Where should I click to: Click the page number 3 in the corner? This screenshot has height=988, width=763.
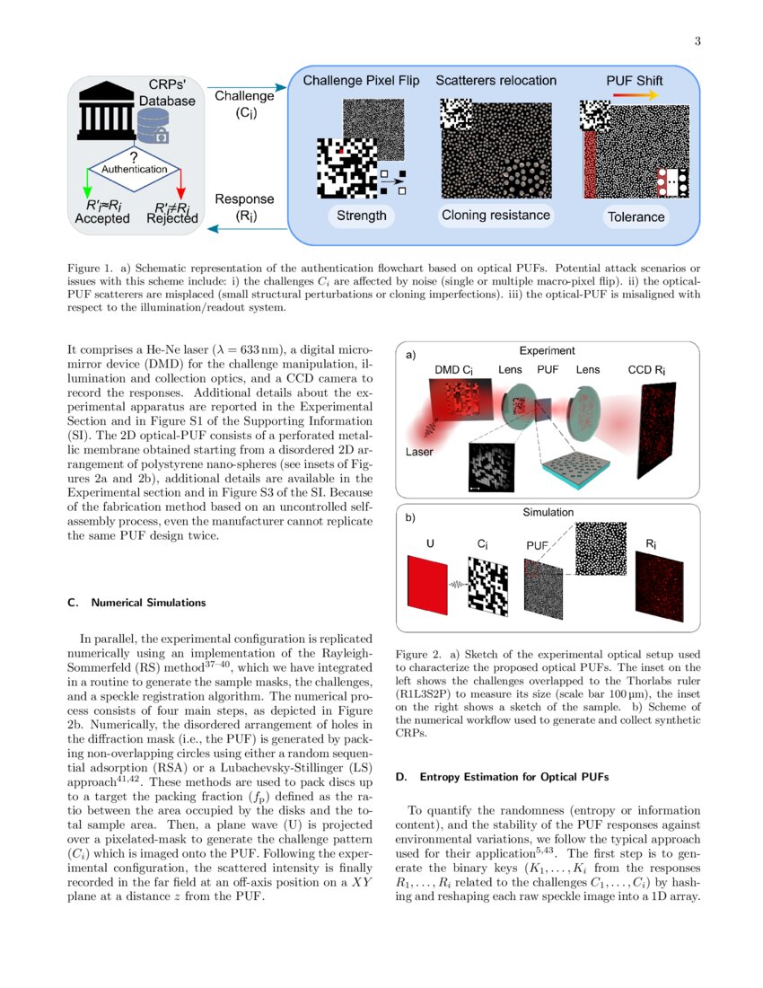pos(697,41)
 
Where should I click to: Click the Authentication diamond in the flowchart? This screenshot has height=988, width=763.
pos(134,169)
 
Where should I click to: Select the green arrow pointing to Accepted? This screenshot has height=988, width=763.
pos(87,183)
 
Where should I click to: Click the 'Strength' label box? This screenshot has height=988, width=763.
pos(362,216)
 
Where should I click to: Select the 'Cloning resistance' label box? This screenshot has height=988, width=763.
pos(496,216)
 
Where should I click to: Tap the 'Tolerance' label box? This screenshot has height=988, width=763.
pos(636,216)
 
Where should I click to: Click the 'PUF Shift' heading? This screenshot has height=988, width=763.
pos(635,81)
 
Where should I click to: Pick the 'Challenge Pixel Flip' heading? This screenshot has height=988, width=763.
pos(361,81)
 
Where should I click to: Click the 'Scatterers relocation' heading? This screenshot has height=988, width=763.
pos(496,81)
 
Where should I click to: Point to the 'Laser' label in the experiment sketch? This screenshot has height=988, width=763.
pos(418,452)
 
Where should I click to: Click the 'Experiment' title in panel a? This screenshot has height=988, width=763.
pos(548,351)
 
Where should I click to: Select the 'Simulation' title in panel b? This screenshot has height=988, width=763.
pos(548,512)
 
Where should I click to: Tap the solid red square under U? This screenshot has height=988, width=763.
pos(426,585)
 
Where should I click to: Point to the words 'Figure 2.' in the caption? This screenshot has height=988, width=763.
pos(418,656)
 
